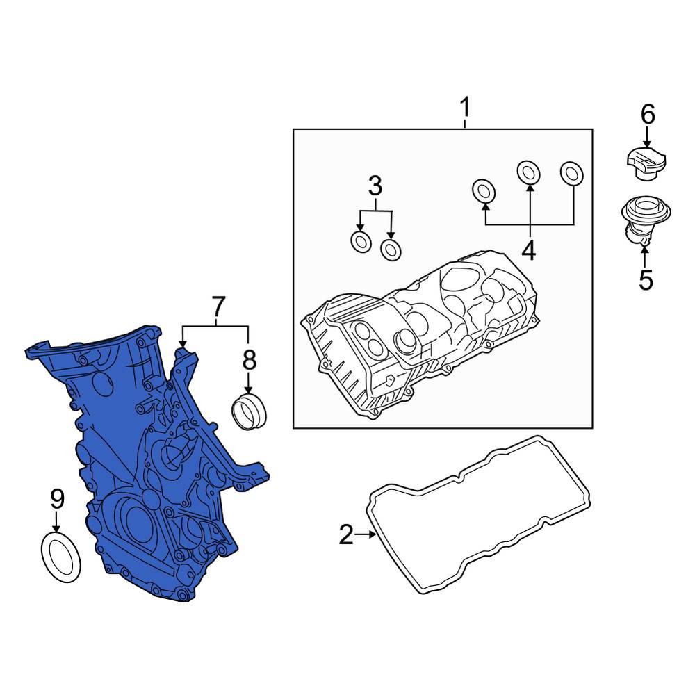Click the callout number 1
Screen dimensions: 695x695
tap(464, 107)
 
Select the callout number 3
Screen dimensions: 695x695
tap(375, 186)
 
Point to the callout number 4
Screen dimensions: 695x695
tap(528, 250)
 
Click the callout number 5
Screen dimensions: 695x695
tap(646, 280)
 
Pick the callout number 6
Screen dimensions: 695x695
tap(648, 115)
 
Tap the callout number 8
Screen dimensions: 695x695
tap(249, 360)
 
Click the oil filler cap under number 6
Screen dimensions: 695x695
tap(646, 164)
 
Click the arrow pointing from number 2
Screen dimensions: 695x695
tap(366, 534)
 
